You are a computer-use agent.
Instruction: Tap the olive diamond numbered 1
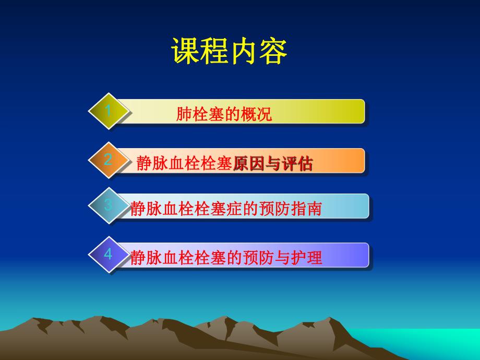coord(109,111)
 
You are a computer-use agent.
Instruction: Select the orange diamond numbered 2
coord(109,160)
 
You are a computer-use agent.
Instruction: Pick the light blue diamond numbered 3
coord(109,205)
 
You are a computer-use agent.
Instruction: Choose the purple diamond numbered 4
coord(109,254)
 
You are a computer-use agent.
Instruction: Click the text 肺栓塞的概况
coord(224,115)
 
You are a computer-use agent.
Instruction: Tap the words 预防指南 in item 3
coord(296,209)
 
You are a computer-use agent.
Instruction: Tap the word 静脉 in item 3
coord(144,209)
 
